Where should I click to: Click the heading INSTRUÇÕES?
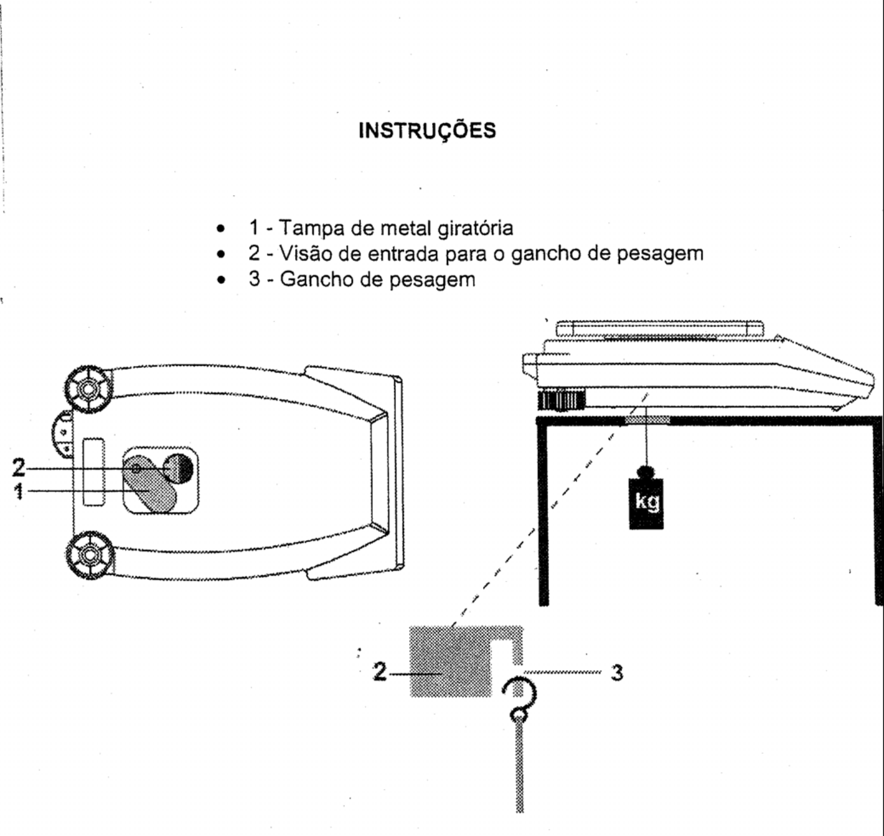[x=427, y=131]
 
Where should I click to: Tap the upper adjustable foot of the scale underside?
[x=89, y=389]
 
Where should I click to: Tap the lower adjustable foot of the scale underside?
[x=89, y=555]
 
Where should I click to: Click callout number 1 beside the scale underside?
[x=18, y=491]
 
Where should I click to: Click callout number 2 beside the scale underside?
[x=18, y=468]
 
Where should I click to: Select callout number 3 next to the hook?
[x=617, y=673]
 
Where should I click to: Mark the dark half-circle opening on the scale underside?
[x=186, y=469]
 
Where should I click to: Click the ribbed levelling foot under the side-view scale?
[x=562, y=400]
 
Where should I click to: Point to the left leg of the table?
[x=543, y=513]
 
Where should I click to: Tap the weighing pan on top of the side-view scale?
[x=660, y=328]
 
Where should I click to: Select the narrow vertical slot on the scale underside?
[x=94, y=473]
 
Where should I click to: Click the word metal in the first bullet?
[x=406, y=228]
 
